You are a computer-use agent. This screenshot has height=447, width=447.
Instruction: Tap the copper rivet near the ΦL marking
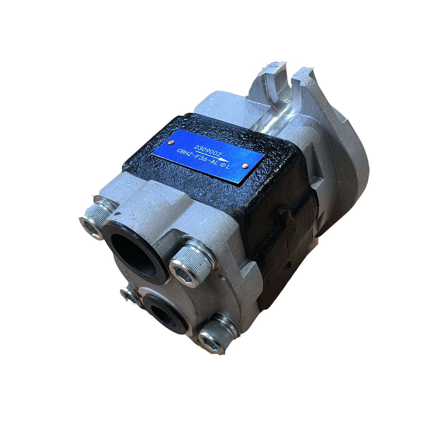[245, 166]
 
